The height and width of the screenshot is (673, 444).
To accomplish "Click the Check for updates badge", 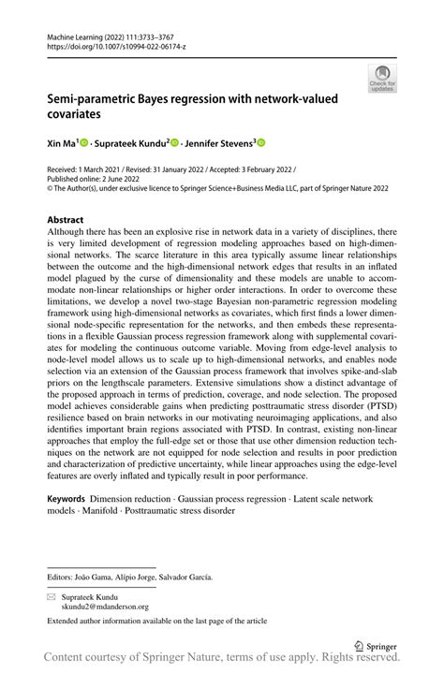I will (x=382, y=79).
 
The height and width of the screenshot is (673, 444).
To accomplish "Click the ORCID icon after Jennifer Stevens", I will (x=261, y=143).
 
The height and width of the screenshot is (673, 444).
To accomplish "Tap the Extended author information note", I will (x=156, y=620).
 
